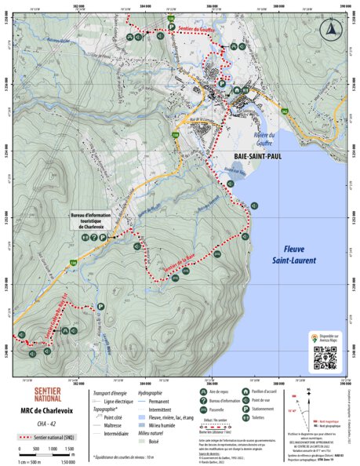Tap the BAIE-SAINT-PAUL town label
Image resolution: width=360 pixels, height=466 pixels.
[250, 156]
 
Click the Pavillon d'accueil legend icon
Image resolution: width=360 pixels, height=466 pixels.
[246, 391]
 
